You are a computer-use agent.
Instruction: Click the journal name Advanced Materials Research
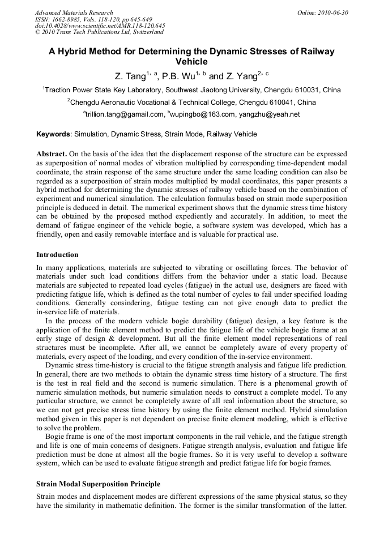tap(74, 12)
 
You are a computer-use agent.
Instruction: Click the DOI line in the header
tap(100, 26)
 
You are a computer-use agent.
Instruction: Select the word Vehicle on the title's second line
tap(192, 62)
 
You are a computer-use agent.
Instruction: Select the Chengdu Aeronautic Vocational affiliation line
tap(192, 102)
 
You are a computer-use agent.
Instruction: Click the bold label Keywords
tap(54, 134)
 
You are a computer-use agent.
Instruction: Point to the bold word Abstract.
tap(52, 154)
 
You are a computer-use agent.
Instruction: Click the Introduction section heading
tap(57, 255)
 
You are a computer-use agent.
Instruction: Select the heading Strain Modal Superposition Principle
tap(98, 484)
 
